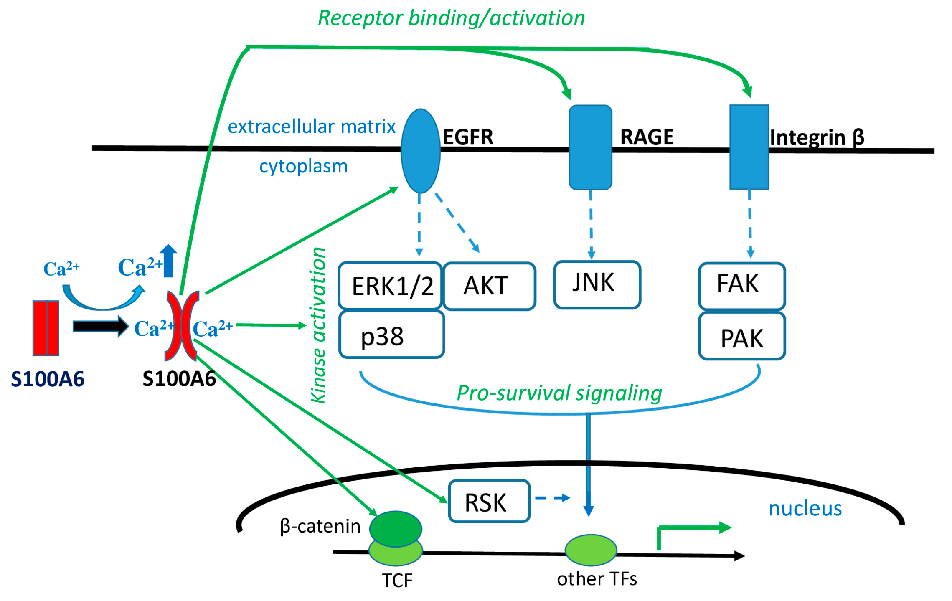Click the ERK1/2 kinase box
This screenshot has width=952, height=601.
click(390, 286)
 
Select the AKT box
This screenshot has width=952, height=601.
click(489, 286)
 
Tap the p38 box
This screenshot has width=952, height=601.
click(391, 335)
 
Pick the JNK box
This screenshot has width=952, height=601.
click(597, 284)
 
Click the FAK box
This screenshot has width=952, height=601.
click(742, 286)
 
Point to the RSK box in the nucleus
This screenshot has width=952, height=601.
click(489, 501)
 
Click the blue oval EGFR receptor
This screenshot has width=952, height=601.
click(420, 151)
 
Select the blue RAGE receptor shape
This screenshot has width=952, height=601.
click(590, 147)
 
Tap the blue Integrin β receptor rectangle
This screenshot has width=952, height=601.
click(749, 147)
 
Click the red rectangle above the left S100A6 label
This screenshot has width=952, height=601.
click(46, 328)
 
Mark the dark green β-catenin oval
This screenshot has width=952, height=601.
click(395, 529)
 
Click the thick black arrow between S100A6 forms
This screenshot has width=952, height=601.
click(101, 326)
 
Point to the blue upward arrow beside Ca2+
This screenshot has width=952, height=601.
click(168, 261)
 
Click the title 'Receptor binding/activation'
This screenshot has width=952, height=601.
click(451, 18)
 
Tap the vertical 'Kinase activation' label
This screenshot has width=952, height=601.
click(319, 325)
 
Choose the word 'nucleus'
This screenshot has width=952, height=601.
click(805, 509)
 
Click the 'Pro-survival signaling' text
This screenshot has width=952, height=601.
click(559, 393)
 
